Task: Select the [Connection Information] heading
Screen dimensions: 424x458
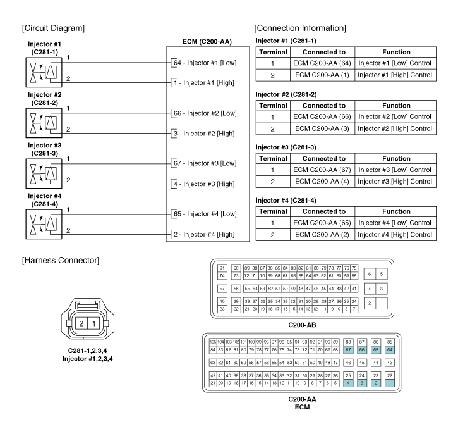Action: point(299,28)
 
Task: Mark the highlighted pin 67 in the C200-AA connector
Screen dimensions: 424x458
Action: point(348,350)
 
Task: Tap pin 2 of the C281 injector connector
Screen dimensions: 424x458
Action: point(81,324)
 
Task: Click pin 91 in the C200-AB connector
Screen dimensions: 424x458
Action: point(222,268)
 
